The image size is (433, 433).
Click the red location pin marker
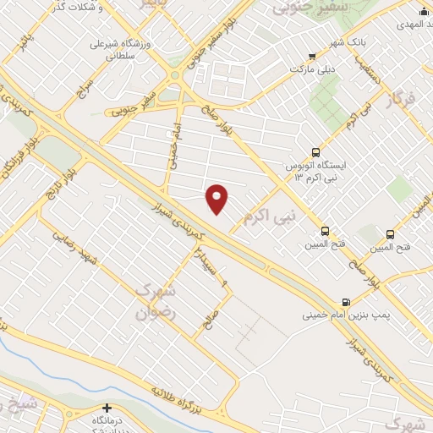pos(217,199)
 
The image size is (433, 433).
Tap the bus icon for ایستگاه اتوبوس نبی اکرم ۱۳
pos(315,153)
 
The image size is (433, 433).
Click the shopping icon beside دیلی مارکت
pos(312,56)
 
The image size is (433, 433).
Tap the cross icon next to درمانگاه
pos(106,408)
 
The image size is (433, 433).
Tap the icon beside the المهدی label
pos(424,11)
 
